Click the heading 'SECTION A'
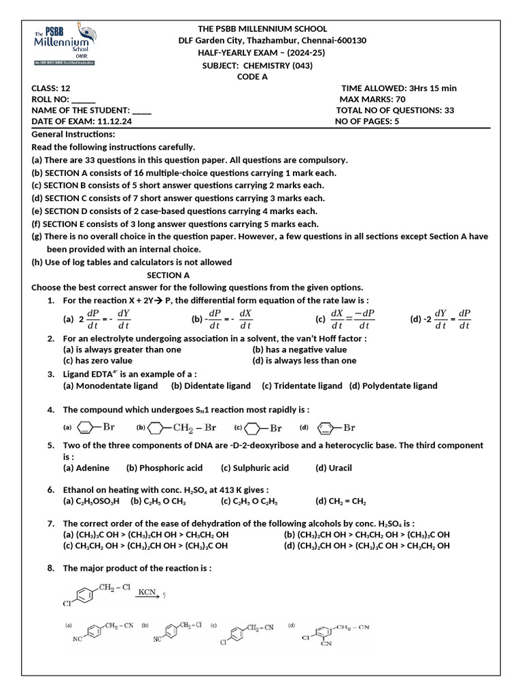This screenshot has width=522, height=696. coord(168,275)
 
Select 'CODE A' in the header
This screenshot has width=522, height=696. coord(252,77)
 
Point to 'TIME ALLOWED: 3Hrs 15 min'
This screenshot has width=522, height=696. coord(398,88)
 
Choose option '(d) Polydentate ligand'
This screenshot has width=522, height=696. coord(394,385)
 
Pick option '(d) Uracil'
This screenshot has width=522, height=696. coord(334,468)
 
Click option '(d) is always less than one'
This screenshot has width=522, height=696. coord(304,360)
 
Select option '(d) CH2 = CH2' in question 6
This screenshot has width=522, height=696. coord(341,501)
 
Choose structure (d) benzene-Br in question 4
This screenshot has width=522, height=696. coord(336,428)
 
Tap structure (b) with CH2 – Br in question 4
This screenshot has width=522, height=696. coord(177,428)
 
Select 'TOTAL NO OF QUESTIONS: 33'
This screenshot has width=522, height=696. coord(395,110)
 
